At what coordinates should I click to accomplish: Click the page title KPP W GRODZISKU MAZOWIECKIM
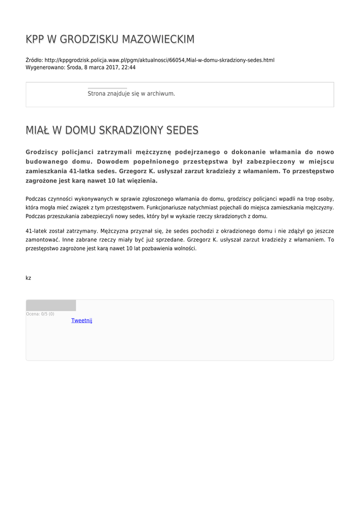[110, 39]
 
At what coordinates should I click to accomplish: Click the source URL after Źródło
[159, 60]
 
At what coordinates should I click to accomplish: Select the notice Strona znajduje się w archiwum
[131, 93]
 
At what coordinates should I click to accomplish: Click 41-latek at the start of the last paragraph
[36, 231]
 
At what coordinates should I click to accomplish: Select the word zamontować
[43, 240]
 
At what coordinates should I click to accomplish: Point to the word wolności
[186, 249]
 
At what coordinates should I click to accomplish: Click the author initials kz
[28, 278]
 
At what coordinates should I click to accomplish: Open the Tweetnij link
[81, 320]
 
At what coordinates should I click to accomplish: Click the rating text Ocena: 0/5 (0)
[40, 314]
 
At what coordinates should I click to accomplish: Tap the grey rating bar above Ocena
[51, 305]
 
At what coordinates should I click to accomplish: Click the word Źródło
[33, 60]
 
